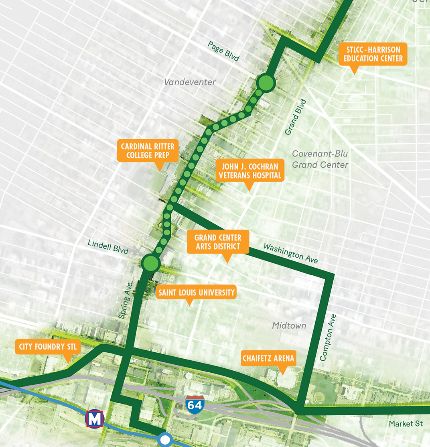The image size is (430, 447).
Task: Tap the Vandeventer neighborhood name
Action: pos(190,82)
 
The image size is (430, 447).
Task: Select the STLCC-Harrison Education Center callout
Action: pos(373,55)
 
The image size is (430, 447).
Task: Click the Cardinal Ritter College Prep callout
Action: pos(148,151)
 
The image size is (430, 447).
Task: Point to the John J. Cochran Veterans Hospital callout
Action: pos(249,171)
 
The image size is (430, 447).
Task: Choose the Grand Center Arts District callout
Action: pos(218,242)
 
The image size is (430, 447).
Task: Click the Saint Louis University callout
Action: pos(196,293)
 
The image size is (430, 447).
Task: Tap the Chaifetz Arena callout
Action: pos(268,358)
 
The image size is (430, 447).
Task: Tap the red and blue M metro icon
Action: pos(95,419)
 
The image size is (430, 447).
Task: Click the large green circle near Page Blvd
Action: pos(266,83)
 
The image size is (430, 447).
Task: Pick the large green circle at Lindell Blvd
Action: pos(150,263)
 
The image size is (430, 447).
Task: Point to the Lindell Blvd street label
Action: pos(108,248)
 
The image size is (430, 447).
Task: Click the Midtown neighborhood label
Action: pos(289,325)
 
